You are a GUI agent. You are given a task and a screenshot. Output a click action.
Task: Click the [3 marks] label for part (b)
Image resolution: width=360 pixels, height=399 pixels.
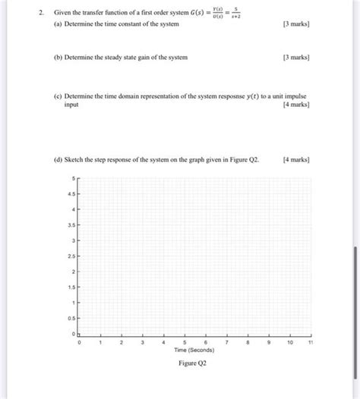295,57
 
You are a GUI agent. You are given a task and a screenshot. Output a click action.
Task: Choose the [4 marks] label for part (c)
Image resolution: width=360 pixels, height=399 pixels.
295,105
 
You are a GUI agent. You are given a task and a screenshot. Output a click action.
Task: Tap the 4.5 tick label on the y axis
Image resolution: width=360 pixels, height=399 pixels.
70,193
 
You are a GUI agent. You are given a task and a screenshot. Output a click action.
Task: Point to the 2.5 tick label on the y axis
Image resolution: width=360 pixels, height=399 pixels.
70,256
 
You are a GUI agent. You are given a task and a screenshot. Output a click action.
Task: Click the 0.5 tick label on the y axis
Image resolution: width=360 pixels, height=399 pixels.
70,319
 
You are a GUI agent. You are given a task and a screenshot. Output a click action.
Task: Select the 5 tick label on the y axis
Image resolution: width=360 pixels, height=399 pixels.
73,178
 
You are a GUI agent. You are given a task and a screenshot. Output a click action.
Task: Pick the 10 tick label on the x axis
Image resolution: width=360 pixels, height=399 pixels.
290,343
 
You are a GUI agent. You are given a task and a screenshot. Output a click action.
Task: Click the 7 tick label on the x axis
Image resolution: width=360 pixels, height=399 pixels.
226,343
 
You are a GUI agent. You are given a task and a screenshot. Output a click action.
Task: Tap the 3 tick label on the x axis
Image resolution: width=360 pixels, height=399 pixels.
142,343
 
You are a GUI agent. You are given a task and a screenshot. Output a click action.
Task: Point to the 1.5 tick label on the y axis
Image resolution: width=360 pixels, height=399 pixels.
70,287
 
